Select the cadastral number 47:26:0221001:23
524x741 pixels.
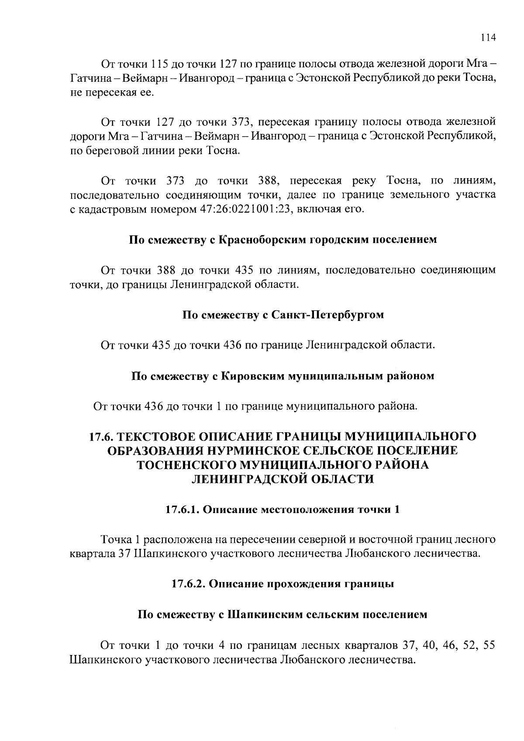click(x=248, y=209)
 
